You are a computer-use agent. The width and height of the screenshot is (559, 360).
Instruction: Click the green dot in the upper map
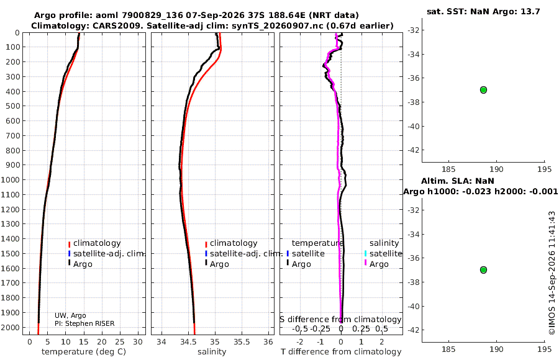pyautogui.click(x=483, y=90)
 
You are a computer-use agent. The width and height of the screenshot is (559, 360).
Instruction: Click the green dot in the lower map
pyautogui.click(x=483, y=270)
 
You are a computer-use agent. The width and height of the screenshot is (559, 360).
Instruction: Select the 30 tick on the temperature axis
pyautogui.click(x=138, y=342)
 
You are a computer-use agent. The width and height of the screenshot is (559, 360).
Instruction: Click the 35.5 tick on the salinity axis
pyautogui.click(x=242, y=342)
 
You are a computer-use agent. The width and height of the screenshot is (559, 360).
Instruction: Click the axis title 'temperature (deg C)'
pyautogui.click(x=84, y=352)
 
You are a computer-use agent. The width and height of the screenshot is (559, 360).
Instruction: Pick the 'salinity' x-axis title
pyautogui.click(x=212, y=352)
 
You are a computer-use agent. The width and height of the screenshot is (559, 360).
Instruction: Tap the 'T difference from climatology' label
pyautogui.click(x=341, y=352)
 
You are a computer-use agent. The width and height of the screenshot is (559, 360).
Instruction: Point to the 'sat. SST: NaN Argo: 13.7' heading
pyautogui.click(x=483, y=11)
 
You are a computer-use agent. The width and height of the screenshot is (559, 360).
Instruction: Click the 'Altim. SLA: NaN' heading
pyautogui.click(x=458, y=181)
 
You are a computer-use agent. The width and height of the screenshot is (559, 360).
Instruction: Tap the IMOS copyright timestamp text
pyautogui.click(x=552, y=273)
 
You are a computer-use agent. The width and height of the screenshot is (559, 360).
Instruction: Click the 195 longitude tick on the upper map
pyautogui.click(x=544, y=169)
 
